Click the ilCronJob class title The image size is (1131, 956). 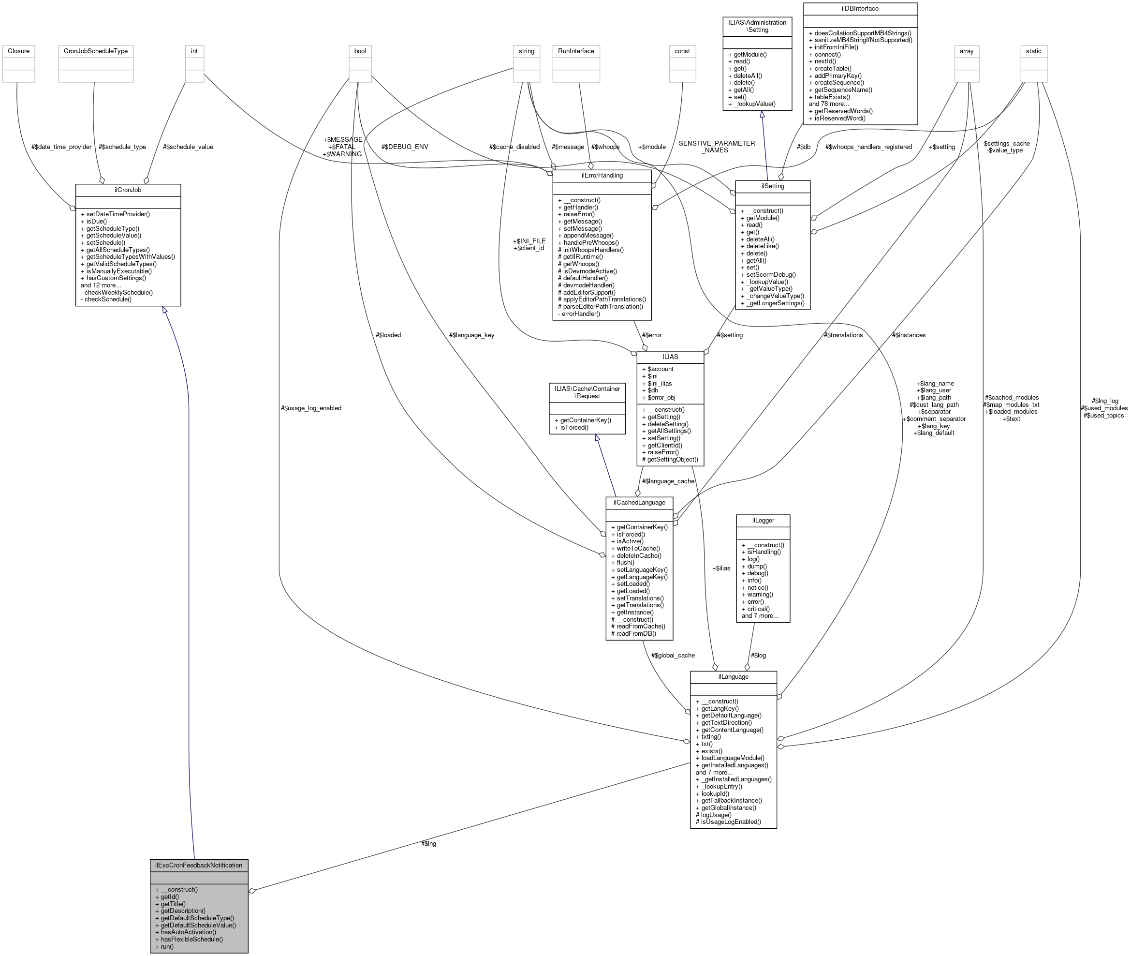[x=128, y=190]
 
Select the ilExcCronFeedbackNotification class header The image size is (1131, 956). [x=199, y=865]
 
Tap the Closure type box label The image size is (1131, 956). [x=18, y=51]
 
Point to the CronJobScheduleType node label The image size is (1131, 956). [x=96, y=51]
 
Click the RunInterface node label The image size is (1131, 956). [x=576, y=51]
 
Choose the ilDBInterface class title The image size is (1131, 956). [x=860, y=9]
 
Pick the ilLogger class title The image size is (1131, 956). [x=763, y=520]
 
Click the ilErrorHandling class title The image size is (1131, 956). [x=602, y=176]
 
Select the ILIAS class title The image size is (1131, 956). [x=670, y=357]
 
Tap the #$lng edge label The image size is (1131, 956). [x=428, y=843]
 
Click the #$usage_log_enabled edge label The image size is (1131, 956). [x=311, y=408]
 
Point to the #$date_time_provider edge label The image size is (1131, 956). [x=61, y=147]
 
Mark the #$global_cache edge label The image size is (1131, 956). [x=673, y=655]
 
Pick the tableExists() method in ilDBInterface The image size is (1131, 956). [x=832, y=97]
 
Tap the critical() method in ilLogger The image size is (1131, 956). [x=758, y=609]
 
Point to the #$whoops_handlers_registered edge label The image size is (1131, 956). [x=868, y=147]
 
